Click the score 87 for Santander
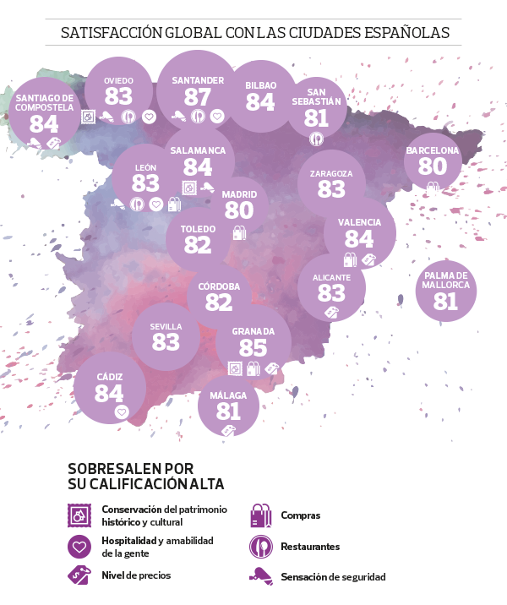coord(197,97)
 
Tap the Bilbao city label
coord(260,85)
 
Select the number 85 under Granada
coord(253,347)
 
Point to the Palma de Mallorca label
coord(445,281)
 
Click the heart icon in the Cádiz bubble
coord(121,412)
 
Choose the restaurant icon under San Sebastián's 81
coord(316,139)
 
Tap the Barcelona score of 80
coord(432,166)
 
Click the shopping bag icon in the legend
coord(260,515)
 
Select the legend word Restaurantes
coord(310,547)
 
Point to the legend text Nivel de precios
coord(136,575)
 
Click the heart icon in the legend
coord(79,547)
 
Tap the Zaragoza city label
coord(331,174)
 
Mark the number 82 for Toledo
coord(197,245)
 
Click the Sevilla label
coord(166,326)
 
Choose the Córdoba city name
coord(219,286)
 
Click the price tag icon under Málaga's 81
coord(226,430)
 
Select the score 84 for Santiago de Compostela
coord(44,124)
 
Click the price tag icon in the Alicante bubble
coord(331,312)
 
